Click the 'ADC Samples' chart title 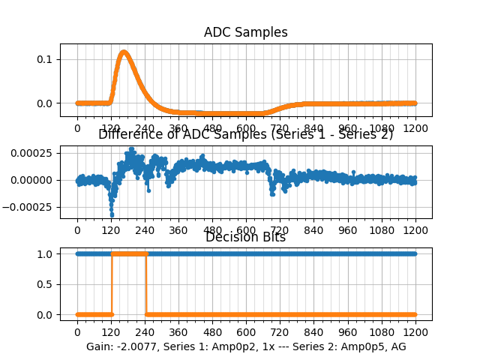tap(245, 33)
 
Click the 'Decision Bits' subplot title tap(245, 238)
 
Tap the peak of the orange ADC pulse tap(124, 52)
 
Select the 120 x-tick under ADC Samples tap(111, 128)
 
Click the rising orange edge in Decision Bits tap(112, 284)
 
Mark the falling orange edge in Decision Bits tap(145, 284)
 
